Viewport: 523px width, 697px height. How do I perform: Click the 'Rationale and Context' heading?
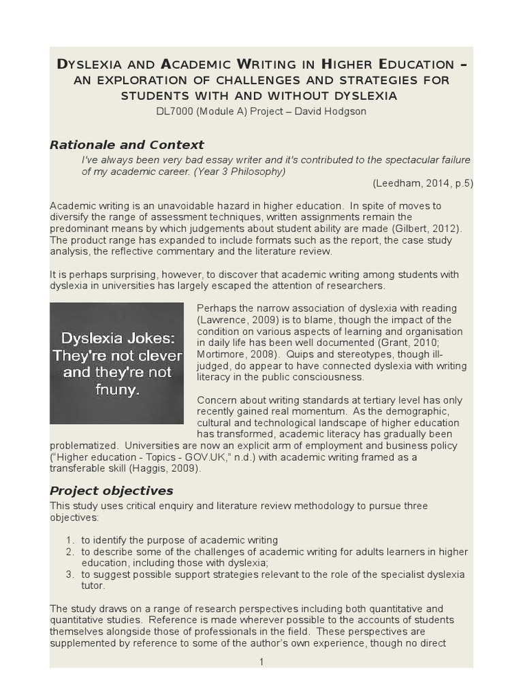coord(127,144)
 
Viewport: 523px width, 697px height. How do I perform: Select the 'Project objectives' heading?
coord(112,491)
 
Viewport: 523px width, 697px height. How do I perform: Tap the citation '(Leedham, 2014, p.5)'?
coord(422,183)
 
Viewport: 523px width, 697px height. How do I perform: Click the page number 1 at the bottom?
coord(261,662)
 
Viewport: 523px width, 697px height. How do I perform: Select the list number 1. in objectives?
coord(70,540)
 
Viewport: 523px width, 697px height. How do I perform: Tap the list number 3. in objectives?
coord(70,574)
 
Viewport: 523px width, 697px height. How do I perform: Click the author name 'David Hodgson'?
coord(334,111)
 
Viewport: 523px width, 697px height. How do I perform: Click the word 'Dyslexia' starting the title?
coord(89,65)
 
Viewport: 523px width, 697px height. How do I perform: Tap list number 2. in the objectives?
coord(70,552)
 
